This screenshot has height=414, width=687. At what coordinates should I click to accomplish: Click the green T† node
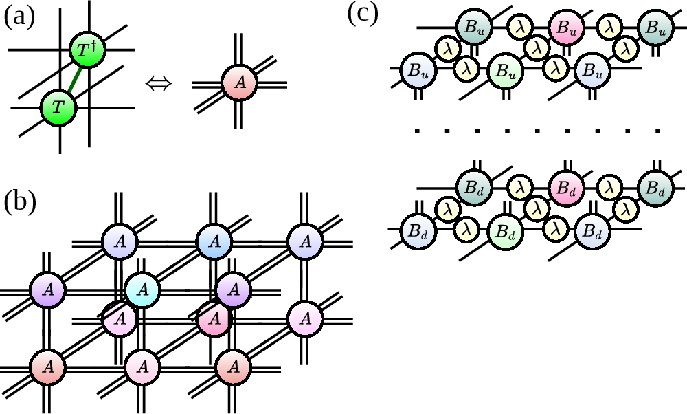pyautogui.click(x=87, y=51)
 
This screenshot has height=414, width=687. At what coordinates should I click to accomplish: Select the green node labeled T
pyautogui.click(x=58, y=108)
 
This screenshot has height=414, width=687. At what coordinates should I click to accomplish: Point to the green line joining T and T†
pyautogui.click(x=74, y=79)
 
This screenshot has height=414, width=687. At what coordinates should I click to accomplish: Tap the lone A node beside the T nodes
pyautogui.click(x=240, y=83)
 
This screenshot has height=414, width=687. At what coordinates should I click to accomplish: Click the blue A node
pyautogui.click(x=214, y=241)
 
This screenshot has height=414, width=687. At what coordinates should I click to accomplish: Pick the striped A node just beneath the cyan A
pyautogui.click(x=120, y=318)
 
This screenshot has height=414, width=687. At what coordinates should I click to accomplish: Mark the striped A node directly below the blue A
pyautogui.click(x=214, y=319)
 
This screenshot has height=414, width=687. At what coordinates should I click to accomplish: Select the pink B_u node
pyautogui.click(x=566, y=28)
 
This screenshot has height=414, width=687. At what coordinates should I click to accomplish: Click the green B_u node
pyautogui.click(x=505, y=71)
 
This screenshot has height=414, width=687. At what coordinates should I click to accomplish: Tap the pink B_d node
pyautogui.click(x=566, y=188)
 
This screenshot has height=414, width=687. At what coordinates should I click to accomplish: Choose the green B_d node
pyautogui.click(x=505, y=230)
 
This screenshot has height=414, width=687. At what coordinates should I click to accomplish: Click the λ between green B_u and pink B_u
pyautogui.click(x=537, y=47)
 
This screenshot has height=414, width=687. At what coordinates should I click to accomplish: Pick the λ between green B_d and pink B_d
pyautogui.click(x=537, y=208)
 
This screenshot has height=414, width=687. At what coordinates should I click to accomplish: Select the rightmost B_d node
pyautogui.click(x=655, y=188)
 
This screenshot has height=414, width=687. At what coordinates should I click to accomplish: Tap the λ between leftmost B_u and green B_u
pyautogui.click(x=466, y=69)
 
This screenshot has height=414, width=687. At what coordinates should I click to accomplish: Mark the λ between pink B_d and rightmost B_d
pyautogui.click(x=609, y=187)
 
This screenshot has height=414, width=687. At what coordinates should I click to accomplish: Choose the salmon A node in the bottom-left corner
pyautogui.click(x=47, y=367)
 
